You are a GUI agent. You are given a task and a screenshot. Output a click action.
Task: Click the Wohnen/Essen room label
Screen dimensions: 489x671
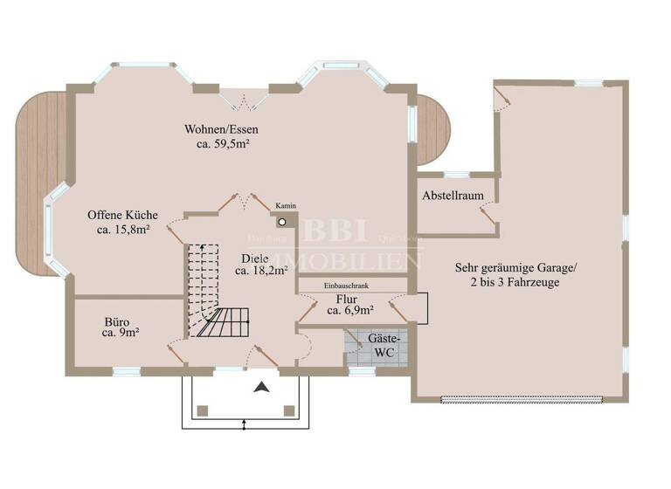click(221, 130)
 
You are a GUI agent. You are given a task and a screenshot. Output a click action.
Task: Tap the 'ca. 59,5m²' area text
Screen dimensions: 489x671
click(221, 145)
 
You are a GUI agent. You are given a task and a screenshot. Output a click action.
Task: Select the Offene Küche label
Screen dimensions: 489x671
click(122, 215)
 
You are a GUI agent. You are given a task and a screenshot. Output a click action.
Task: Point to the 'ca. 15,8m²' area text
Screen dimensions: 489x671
click(122, 230)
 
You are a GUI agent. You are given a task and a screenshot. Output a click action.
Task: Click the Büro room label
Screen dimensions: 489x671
click(117, 320)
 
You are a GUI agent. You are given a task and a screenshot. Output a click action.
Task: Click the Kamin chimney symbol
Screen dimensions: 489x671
click(282, 221)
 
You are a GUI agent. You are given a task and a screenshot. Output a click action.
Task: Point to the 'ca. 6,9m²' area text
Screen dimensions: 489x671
click(351, 310)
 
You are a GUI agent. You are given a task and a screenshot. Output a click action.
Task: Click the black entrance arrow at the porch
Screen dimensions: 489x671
click(260, 389)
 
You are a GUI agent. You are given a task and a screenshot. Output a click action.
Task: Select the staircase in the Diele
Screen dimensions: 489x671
click(218, 293)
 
